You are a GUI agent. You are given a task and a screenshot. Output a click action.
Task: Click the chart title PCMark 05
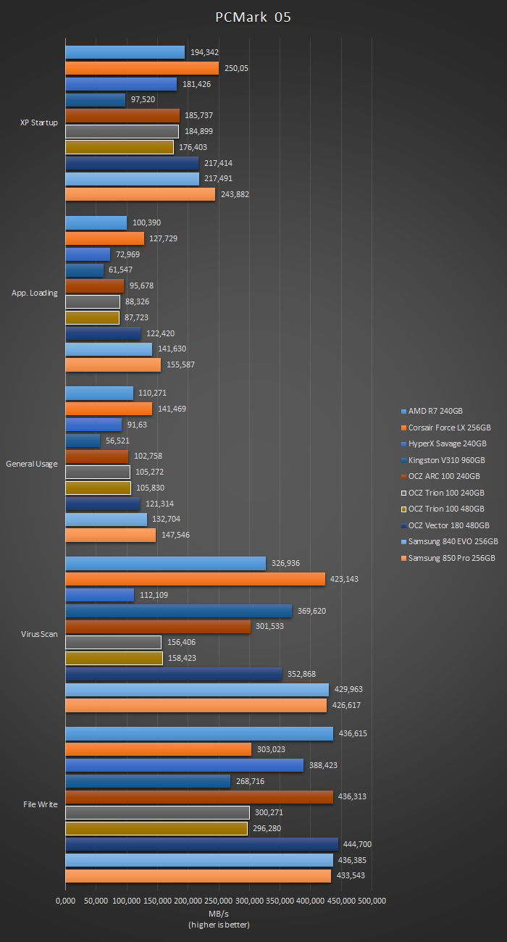click(x=253, y=17)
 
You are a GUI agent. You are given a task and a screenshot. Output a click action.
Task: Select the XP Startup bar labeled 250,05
click(x=142, y=68)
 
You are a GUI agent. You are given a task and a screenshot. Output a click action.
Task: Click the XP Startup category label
click(x=39, y=122)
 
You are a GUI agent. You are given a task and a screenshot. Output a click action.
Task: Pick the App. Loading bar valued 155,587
click(x=113, y=364)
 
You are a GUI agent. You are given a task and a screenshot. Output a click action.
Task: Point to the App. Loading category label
click(x=35, y=293)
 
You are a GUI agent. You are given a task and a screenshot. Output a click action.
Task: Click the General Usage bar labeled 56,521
click(x=83, y=441)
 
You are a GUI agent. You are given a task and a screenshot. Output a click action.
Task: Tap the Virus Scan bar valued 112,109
click(x=100, y=595)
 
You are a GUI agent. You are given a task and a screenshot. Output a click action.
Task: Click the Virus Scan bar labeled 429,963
click(x=197, y=689)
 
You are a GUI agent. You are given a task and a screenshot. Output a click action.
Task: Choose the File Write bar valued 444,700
click(x=201, y=844)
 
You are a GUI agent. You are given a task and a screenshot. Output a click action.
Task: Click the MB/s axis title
click(x=219, y=914)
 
